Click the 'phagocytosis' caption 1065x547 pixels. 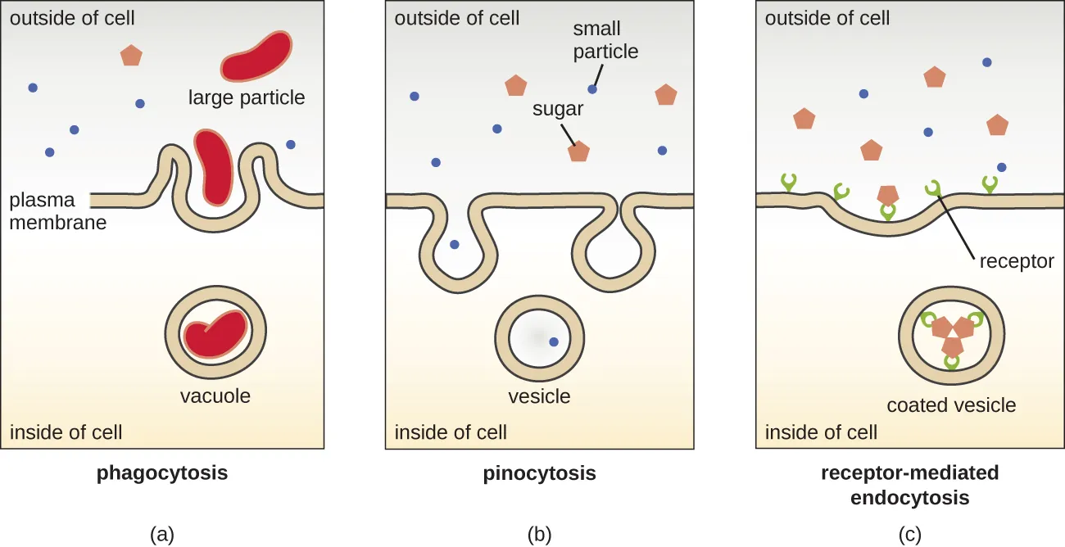[x=162, y=473]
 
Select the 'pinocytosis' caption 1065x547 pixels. [x=539, y=473]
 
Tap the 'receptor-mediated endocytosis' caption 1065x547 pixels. [x=909, y=485]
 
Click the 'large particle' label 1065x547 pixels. [x=247, y=98]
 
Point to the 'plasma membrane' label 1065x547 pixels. [x=57, y=210]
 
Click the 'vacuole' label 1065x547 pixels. [x=215, y=396]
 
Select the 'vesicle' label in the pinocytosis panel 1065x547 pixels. [x=539, y=396]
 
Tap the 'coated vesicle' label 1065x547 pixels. [x=951, y=405]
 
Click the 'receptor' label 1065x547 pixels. [x=1016, y=261]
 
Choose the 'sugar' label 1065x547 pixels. [x=558, y=109]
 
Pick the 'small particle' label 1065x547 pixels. [x=605, y=41]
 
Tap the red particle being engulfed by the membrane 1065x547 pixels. [x=213, y=166]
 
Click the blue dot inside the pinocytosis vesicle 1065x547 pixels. [x=554, y=342]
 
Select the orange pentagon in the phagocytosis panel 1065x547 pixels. [x=131, y=56]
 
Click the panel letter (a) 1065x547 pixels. [x=162, y=535]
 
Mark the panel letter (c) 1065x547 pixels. [x=909, y=535]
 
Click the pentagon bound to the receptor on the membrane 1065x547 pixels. [x=887, y=196]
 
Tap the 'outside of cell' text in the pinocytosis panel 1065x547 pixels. [x=457, y=17]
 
